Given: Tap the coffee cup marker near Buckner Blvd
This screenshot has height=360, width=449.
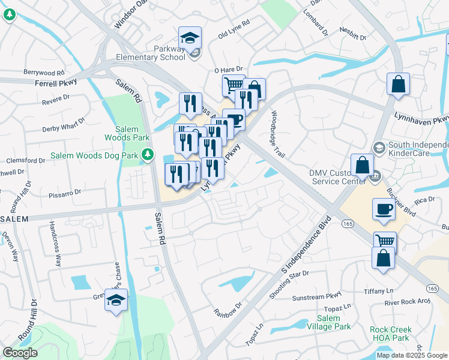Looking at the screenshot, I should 384,209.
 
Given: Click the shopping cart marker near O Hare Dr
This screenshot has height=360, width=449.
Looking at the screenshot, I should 233,85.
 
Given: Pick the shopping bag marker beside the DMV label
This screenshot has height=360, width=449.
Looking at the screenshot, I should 362,164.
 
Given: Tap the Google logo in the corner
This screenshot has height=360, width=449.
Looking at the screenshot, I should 20,353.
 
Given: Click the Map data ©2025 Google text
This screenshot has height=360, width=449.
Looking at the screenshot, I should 412,355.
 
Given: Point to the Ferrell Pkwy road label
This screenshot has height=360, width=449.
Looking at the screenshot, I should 58,84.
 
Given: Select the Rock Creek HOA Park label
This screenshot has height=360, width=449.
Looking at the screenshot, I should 391,334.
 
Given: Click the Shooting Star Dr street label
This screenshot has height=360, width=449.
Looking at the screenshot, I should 289,275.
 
